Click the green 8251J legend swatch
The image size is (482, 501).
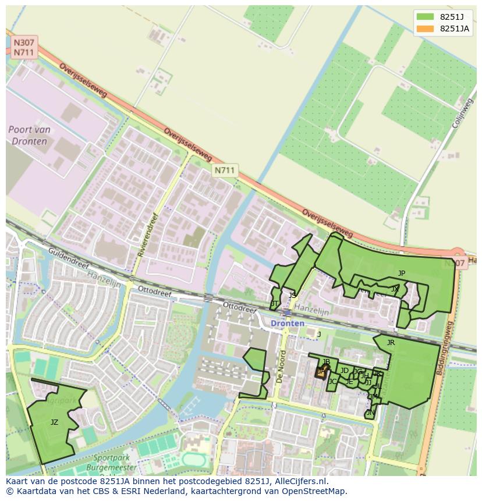click(425, 16)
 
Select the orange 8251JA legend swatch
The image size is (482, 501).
click(425, 29)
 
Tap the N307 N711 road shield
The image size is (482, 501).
click(24, 47)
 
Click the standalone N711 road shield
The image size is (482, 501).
click(225, 170)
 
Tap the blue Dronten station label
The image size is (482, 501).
click(287, 323)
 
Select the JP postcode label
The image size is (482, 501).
click(401, 273)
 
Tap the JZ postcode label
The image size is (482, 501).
click(54, 422)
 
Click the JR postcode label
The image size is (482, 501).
click(391, 343)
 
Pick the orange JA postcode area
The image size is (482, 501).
click(321, 372)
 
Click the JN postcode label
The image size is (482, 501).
click(370, 413)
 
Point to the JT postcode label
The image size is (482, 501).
click(274, 304)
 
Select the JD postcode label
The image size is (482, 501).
click(344, 371)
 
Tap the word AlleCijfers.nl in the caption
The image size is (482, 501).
click(296, 482)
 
